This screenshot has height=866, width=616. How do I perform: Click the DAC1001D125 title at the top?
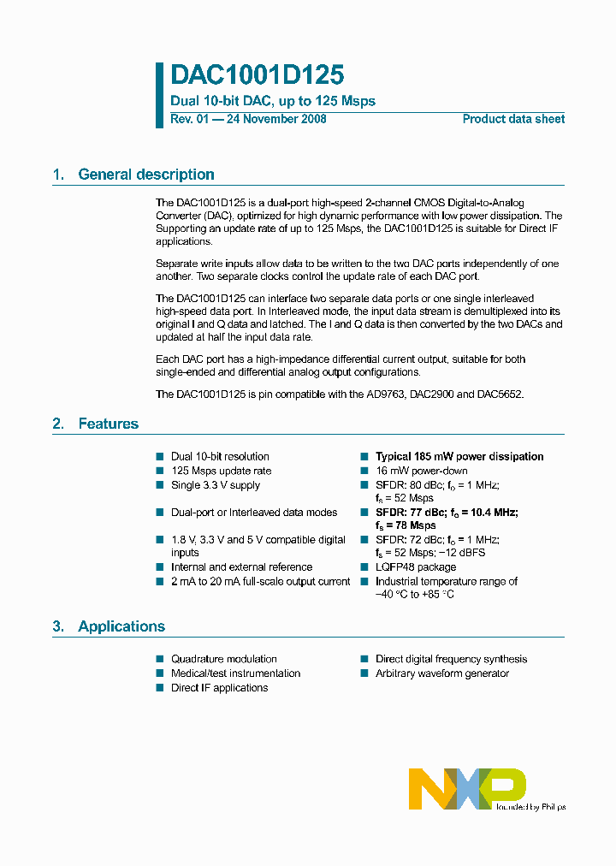point(257,74)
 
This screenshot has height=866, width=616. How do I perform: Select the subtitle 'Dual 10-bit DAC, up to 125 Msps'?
point(273,101)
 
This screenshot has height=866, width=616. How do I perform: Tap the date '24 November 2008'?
point(275,119)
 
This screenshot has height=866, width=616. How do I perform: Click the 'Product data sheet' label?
point(513,119)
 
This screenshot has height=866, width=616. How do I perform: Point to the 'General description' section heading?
point(145,175)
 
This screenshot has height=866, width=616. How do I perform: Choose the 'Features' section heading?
point(108,424)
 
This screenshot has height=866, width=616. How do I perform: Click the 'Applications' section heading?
point(121,626)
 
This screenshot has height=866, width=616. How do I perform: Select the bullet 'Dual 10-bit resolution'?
point(220,457)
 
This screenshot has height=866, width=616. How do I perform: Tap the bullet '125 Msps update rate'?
point(221,471)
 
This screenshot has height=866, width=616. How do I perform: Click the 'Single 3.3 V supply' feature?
point(216,485)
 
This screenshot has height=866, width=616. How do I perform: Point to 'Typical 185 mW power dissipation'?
point(459,457)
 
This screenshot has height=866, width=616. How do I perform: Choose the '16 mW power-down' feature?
point(422,471)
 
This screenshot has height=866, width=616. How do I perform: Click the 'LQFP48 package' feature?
point(416,567)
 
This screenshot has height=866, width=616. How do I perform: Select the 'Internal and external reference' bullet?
point(241,567)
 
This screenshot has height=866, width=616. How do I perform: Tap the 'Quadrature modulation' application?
point(224,659)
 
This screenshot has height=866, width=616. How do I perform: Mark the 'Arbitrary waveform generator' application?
point(442,673)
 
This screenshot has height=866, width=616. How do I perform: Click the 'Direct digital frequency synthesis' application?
point(451,659)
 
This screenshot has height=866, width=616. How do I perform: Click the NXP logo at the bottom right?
point(466,788)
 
